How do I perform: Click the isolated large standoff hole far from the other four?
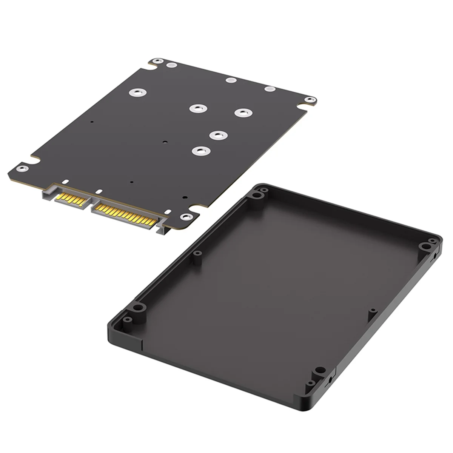click(135, 92)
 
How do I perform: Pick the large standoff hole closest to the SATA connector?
click(199, 151)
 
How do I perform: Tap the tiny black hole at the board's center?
click(164, 142)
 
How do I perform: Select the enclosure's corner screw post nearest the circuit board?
click(257, 195)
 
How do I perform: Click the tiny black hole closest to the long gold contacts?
click(184, 197)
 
